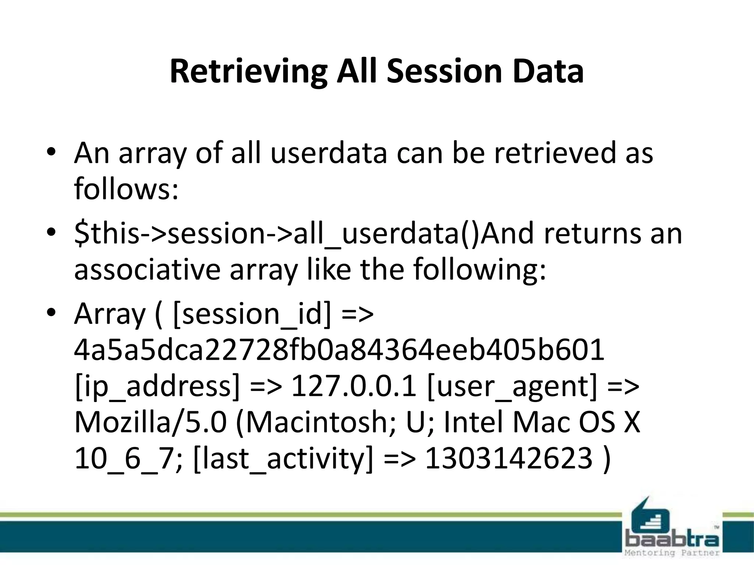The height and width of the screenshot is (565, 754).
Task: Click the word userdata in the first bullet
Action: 328,153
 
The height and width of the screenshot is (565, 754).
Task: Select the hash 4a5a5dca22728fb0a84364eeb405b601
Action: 339,350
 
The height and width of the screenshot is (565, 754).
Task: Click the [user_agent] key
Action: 512,387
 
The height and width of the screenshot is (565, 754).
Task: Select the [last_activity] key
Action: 283,459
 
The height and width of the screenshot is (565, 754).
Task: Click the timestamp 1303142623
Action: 509,459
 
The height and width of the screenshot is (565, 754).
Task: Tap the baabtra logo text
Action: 672,540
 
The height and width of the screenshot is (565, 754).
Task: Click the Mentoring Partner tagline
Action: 672,553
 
